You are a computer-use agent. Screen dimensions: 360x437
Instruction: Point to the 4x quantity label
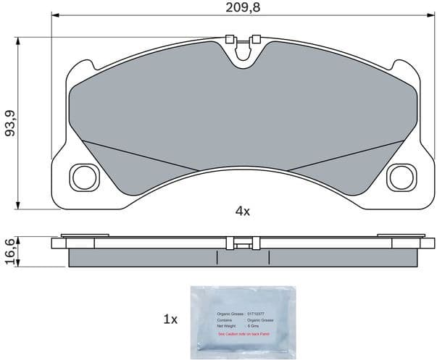click(242, 212)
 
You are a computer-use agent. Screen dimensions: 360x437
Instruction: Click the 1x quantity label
click(170, 319)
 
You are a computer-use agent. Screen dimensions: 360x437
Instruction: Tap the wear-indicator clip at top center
click(242, 45)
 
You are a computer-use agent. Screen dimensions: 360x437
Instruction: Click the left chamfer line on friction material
click(138, 156)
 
